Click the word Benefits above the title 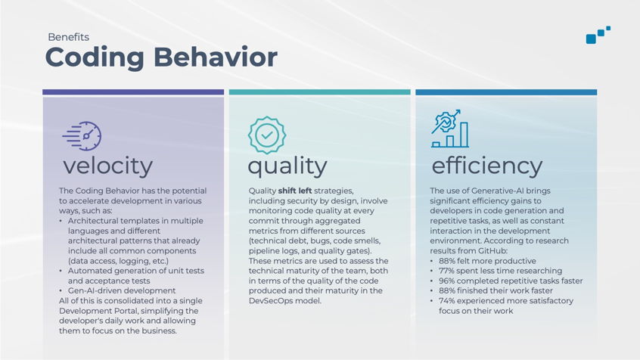click(69, 37)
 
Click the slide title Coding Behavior click(161, 57)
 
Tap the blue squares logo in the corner click(598, 35)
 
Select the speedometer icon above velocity click(82, 136)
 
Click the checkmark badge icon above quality click(267, 135)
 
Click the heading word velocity click(107, 166)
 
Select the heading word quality click(287, 166)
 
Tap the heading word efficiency click(487, 166)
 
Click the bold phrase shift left click(295, 191)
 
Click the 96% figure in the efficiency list click(446, 281)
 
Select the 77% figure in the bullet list click(446, 271)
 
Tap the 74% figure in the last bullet click(446, 301)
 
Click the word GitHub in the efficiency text click(494, 250)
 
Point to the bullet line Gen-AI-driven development click(122, 290)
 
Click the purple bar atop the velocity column click(133, 92)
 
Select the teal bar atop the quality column click(319, 92)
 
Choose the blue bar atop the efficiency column click(506, 92)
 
